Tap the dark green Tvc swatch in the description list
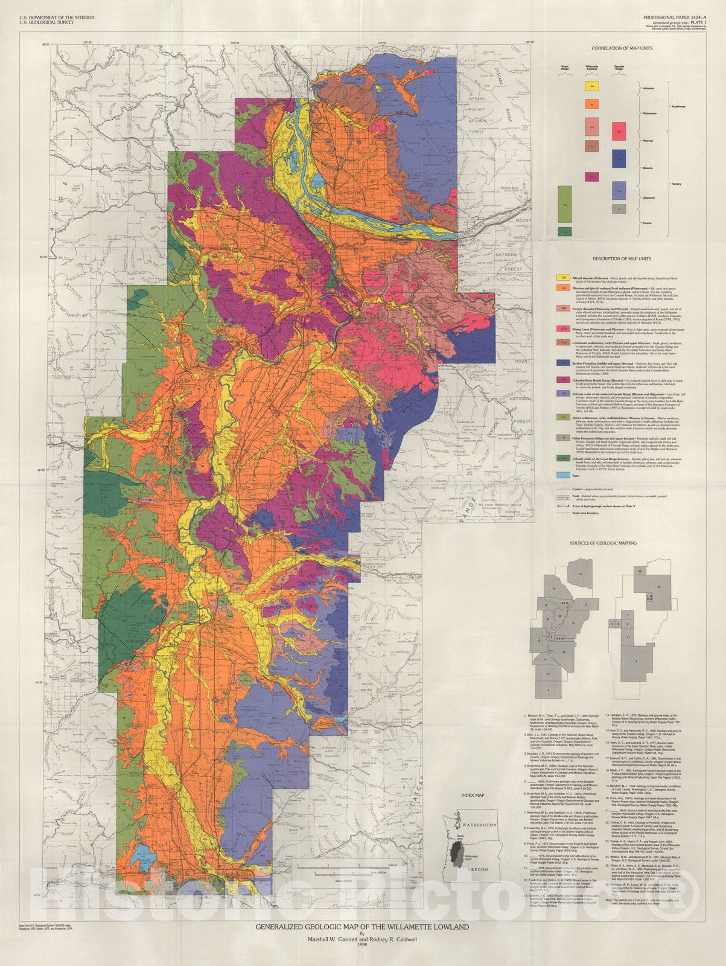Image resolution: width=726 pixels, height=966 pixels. coord(561,459)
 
